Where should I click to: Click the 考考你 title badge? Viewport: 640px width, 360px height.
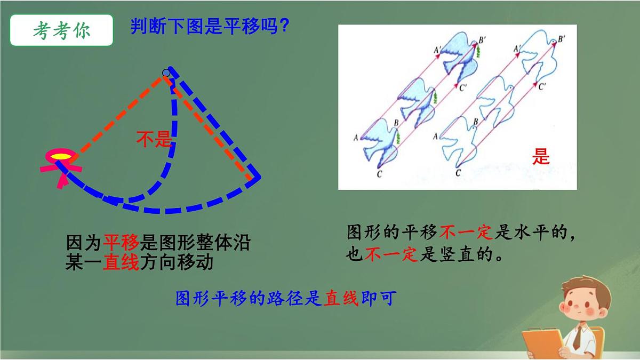pyautogui.click(x=61, y=30)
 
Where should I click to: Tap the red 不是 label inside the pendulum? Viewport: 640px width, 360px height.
pyautogui.click(x=154, y=140)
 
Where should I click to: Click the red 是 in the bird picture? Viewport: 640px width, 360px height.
pyautogui.click(x=541, y=157)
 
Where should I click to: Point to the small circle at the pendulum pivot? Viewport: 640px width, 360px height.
pyautogui.click(x=166, y=73)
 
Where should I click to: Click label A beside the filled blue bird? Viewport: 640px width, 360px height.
pyautogui.click(x=355, y=137)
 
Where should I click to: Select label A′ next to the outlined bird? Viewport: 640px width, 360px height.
pyautogui.click(x=517, y=49)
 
